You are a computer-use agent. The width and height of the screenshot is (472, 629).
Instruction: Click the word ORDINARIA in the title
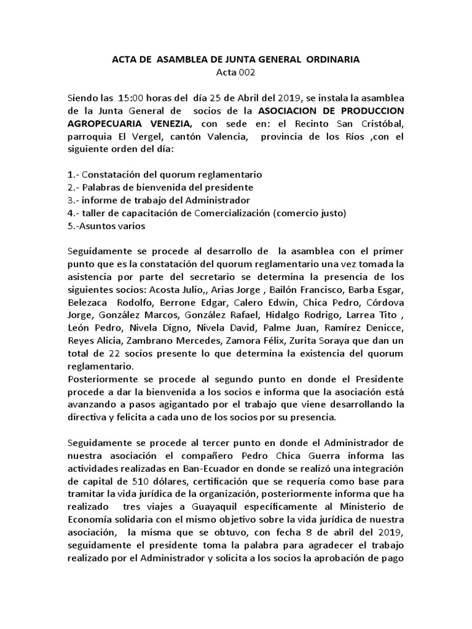click(331, 60)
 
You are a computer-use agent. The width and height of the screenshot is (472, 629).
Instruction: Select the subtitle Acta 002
click(236, 74)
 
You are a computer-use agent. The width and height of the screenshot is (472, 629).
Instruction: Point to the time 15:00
click(132, 99)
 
